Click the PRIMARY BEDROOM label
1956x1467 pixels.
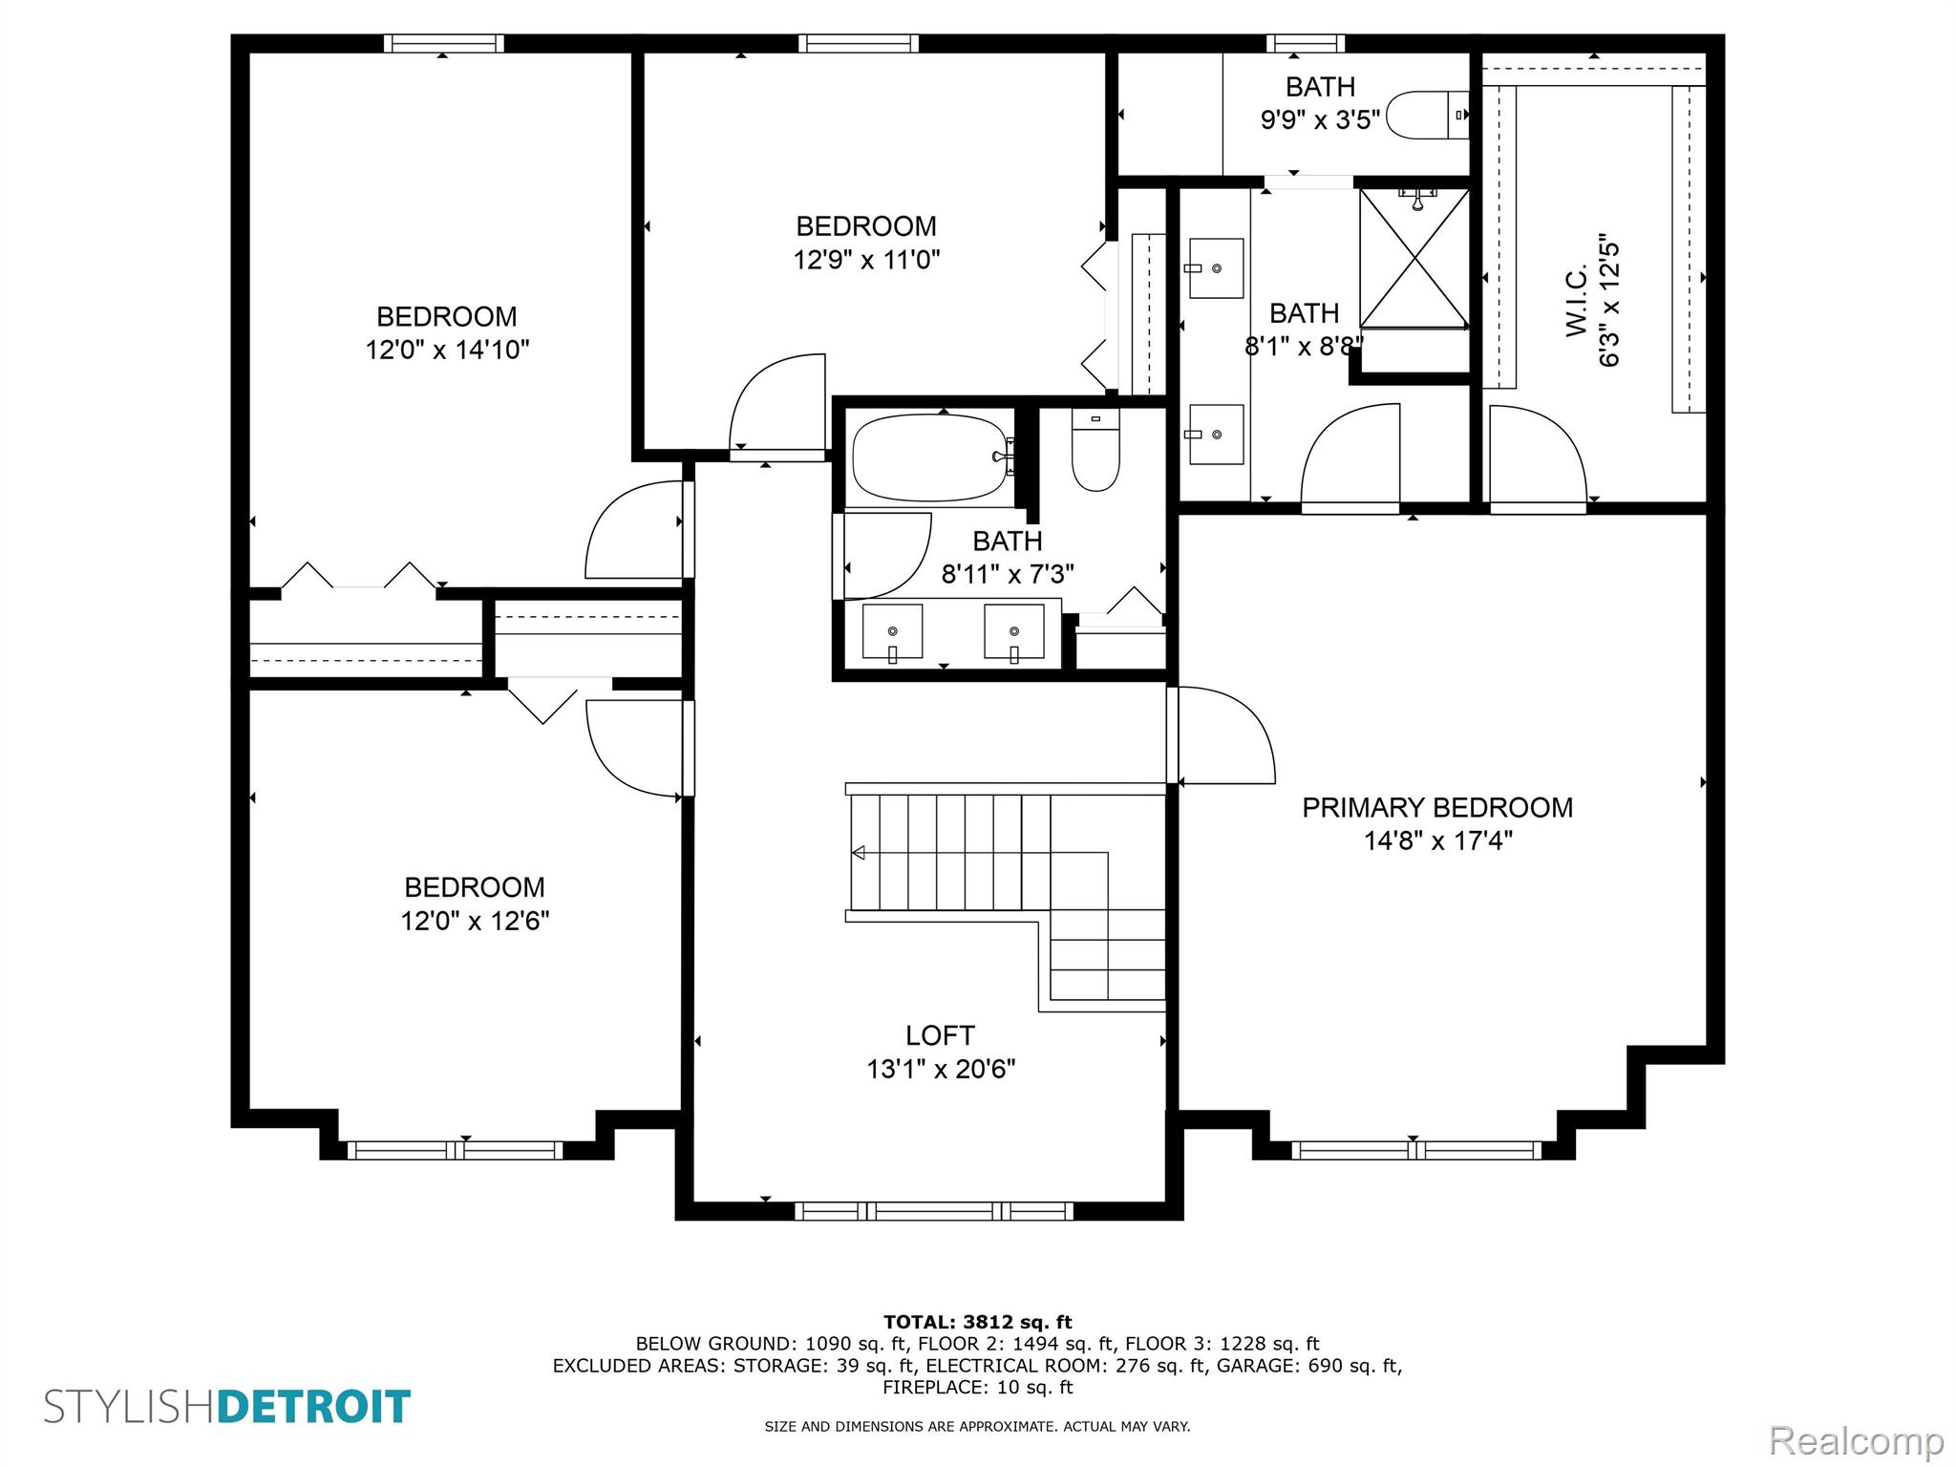pyautogui.click(x=1436, y=808)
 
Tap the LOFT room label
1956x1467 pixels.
pyautogui.click(x=940, y=1035)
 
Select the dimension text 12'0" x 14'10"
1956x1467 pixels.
pyautogui.click(x=447, y=351)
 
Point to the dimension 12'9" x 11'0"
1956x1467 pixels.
pyautogui.click(x=866, y=260)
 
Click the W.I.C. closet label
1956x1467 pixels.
pyautogui.click(x=1577, y=301)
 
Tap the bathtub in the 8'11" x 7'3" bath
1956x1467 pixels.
pyautogui.click(x=928, y=457)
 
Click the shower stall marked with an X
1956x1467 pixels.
pyautogui.click(x=1414, y=258)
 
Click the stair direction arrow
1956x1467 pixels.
pyautogui.click(x=858, y=853)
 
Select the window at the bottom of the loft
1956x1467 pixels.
pyautogui.click(x=933, y=1211)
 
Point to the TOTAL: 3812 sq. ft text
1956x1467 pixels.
pyautogui.click(x=977, y=1322)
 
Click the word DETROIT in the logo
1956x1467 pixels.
pyautogui.click(x=314, y=1407)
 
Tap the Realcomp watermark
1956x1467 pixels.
pyautogui.click(x=1856, y=1441)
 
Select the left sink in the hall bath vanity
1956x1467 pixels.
pyautogui.click(x=893, y=631)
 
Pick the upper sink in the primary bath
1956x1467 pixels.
pyautogui.click(x=1216, y=268)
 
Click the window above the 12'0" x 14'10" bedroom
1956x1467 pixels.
pyautogui.click(x=444, y=43)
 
